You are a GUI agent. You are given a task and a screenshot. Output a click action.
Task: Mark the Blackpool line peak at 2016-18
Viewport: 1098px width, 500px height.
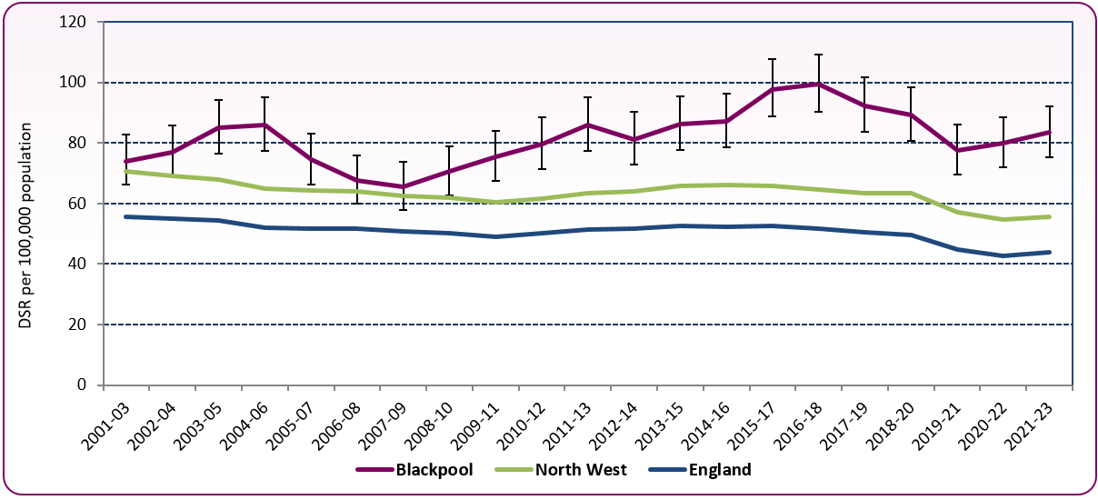[x=818, y=85]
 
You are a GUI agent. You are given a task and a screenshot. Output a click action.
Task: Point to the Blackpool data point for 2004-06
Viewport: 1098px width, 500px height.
[x=265, y=125]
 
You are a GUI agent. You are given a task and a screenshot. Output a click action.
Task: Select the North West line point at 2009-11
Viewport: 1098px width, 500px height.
[x=495, y=202]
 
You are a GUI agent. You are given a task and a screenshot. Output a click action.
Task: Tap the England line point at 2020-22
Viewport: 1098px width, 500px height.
[x=1003, y=255]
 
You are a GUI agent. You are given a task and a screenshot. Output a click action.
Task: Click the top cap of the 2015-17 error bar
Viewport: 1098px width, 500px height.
[x=773, y=59]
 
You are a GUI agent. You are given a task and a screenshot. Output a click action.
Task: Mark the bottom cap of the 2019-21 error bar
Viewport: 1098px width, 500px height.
[x=957, y=174]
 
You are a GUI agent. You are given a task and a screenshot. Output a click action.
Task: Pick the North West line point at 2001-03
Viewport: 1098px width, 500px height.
[x=126, y=171]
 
